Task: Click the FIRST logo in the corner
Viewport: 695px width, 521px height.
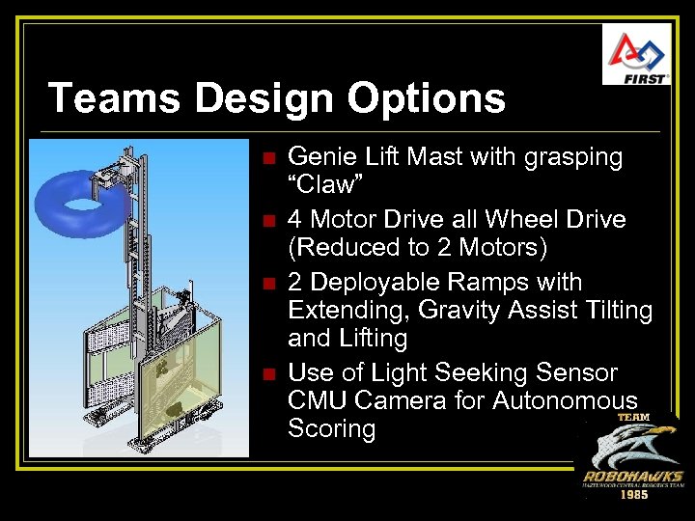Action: tap(636, 54)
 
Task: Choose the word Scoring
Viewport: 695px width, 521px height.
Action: tap(331, 428)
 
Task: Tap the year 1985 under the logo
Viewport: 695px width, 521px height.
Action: tap(632, 495)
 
